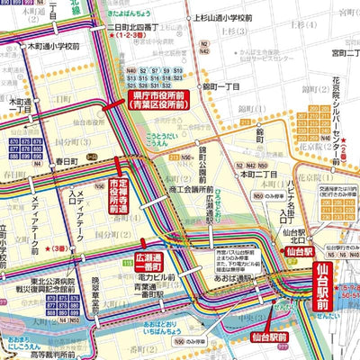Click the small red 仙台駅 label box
point(294,253)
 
